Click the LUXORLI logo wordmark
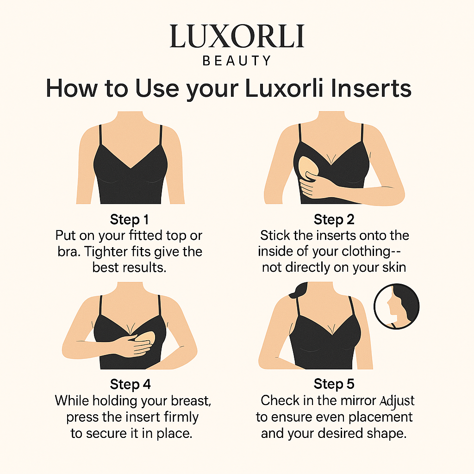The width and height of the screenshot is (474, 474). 237,36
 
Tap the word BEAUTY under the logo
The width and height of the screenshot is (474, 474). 237,61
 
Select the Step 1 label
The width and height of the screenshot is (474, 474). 130,219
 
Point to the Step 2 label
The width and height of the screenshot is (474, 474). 334,219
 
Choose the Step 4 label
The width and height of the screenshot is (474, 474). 130,384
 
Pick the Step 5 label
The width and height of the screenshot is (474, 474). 334,384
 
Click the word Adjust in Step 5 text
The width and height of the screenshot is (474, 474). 397,401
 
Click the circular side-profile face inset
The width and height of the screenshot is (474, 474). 396,306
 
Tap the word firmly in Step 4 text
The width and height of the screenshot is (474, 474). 181,418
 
